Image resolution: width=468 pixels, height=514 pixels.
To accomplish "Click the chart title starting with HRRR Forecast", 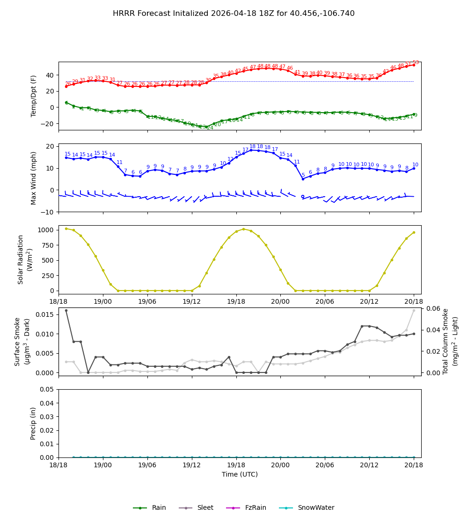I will pos(234,14).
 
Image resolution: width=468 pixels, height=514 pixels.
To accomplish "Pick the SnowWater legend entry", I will pos(316,508).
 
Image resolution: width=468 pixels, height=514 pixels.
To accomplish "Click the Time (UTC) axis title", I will pos(240,474).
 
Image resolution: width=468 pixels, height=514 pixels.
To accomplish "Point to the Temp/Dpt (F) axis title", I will pos(34,96).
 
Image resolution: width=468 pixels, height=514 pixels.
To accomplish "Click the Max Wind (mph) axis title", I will pos(34,178).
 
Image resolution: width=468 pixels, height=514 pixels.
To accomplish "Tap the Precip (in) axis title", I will pos(34,423).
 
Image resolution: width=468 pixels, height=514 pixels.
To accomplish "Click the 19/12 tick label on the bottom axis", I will pos(191,464).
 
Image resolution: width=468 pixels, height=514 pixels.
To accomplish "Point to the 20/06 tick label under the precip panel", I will pos(325,464).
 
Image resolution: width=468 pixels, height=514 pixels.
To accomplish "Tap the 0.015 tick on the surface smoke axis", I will pos(45,314).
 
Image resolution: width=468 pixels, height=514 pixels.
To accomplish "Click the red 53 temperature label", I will pos(416,63).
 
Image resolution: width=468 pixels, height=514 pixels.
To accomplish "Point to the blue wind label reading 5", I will pos(303,175).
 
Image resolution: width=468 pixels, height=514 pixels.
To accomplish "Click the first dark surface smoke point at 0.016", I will pos(66,310).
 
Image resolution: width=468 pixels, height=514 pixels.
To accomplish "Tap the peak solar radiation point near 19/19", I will pos(243,229).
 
